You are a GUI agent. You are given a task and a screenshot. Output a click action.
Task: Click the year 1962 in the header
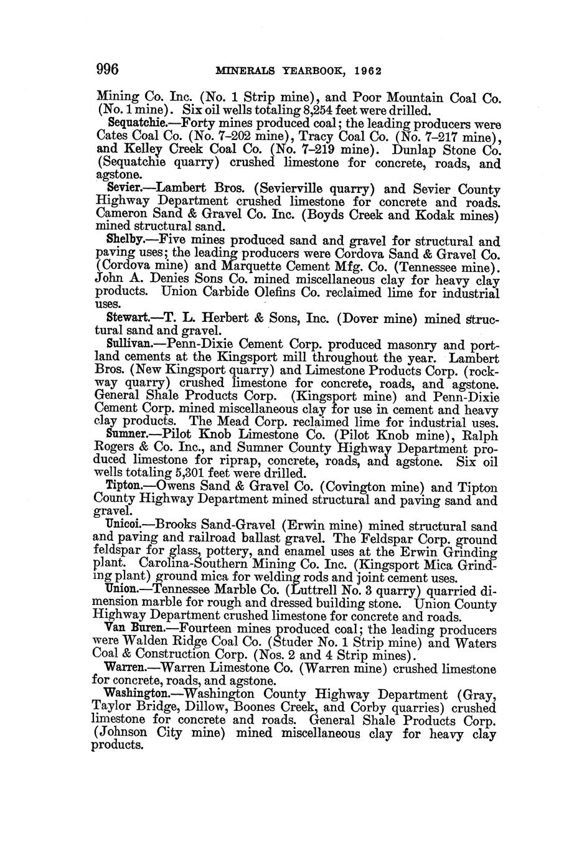click(x=367, y=70)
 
